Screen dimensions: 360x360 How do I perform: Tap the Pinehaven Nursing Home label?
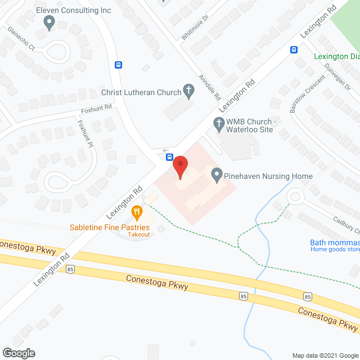tap(268, 176)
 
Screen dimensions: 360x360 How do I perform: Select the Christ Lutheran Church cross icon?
tap(190, 92)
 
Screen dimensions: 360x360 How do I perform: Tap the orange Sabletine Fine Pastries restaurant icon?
tap(136, 213)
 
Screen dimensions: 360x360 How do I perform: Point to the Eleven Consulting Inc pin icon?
tap(49, 22)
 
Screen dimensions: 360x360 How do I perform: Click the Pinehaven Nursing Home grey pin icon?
tap(216, 175)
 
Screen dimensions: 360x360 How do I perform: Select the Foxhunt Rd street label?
tap(97, 106)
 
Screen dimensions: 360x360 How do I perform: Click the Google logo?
tap(18, 353)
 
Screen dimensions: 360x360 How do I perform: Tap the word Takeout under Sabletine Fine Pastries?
tap(138, 235)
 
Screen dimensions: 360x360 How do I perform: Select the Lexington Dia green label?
tap(337, 56)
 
